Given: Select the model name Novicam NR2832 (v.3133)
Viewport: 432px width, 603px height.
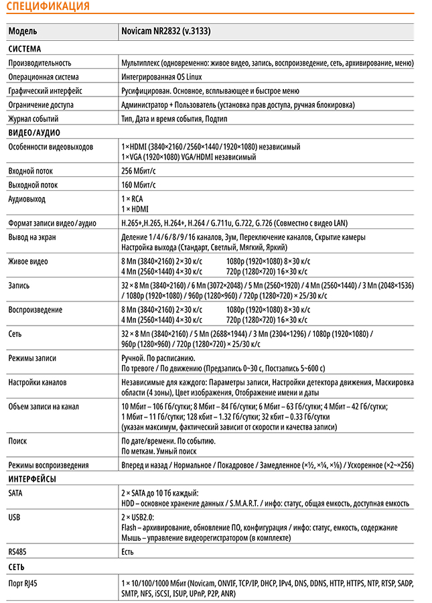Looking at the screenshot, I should click(167, 31).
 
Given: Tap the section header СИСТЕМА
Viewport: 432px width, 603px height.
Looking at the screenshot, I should click(25, 49).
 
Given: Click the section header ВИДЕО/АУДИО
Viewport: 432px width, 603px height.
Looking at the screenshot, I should click(35, 132).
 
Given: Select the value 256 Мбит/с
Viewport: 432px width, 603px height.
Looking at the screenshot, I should click(138, 172).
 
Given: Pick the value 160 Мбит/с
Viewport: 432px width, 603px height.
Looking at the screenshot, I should click(138, 185).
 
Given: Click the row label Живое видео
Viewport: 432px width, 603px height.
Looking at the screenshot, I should click(28, 261).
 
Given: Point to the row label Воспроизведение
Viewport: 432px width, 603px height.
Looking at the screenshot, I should click(35, 310).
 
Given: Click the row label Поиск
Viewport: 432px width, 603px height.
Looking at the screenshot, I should click(17, 441).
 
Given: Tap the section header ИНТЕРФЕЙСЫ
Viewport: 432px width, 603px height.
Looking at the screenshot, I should click(32, 478).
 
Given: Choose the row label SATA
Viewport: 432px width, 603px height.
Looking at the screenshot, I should click(15, 492).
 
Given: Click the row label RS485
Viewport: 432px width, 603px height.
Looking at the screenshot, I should click(17, 551).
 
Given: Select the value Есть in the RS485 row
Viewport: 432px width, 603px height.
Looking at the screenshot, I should click(127, 551).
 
